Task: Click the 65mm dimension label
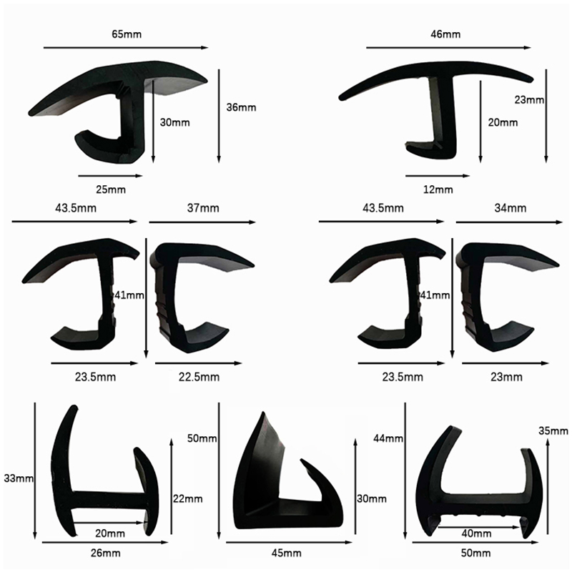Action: pos(127,34)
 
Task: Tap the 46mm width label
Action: pos(445,34)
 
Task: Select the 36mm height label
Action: pos(241,107)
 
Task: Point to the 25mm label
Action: pos(111,189)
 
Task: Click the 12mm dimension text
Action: pos(438,189)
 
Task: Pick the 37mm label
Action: pos(203,208)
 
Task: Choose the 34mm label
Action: pos(511,208)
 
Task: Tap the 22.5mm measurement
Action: pos(199,377)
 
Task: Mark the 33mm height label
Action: pos(19,478)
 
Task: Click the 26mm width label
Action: pos(105,553)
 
